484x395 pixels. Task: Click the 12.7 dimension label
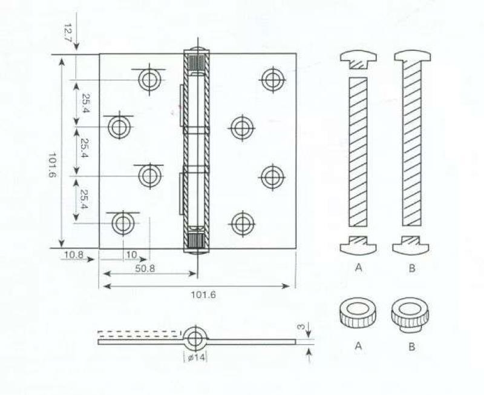click(68, 32)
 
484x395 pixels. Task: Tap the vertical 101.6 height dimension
click(52, 165)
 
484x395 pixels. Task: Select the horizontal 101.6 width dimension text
click(203, 295)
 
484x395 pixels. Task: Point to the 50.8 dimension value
click(145, 269)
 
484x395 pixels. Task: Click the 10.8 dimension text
click(74, 255)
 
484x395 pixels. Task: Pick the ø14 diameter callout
click(196, 357)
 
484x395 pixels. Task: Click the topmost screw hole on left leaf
click(149, 80)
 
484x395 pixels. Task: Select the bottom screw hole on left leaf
click(123, 223)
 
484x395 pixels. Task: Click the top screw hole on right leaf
click(273, 80)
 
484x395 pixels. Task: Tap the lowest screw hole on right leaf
click(243, 224)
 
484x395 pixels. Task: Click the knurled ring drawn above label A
click(358, 313)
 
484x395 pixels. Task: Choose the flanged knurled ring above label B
click(411, 314)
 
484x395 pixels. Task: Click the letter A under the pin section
click(358, 267)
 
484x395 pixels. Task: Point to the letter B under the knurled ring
click(412, 347)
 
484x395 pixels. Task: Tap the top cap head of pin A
click(358, 60)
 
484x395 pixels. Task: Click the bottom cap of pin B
click(411, 245)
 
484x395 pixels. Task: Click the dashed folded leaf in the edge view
click(139, 333)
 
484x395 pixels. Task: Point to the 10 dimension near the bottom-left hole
click(132, 254)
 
